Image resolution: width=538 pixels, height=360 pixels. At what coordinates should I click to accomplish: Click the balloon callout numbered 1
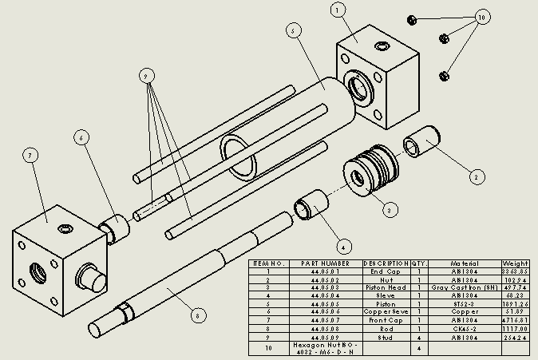[x=339, y=10]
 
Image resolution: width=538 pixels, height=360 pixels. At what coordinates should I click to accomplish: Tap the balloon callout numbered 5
[x=293, y=30]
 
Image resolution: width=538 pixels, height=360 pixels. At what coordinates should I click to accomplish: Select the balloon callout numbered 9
[x=146, y=76]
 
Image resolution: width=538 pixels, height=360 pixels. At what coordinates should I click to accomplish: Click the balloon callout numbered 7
[x=30, y=156]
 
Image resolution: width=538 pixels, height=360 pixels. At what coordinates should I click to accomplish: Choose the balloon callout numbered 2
[x=477, y=176]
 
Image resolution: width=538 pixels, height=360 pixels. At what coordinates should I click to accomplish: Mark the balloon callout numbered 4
[x=343, y=245]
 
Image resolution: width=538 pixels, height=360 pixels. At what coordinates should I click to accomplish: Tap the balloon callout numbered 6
[x=81, y=137]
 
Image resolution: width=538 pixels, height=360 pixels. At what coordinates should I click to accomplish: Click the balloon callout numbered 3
[x=390, y=211]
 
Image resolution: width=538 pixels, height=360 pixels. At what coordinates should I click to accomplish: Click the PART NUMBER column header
[x=325, y=263]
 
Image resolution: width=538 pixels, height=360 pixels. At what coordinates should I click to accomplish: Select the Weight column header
[x=515, y=263]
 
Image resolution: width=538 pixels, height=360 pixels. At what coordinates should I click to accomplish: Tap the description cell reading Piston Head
[x=386, y=287]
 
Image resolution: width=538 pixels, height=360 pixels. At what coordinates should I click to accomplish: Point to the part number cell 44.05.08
[x=325, y=327]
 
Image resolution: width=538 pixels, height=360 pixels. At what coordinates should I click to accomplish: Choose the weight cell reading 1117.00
[x=515, y=327]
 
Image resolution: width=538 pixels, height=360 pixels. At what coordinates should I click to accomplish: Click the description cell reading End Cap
[x=386, y=271]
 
